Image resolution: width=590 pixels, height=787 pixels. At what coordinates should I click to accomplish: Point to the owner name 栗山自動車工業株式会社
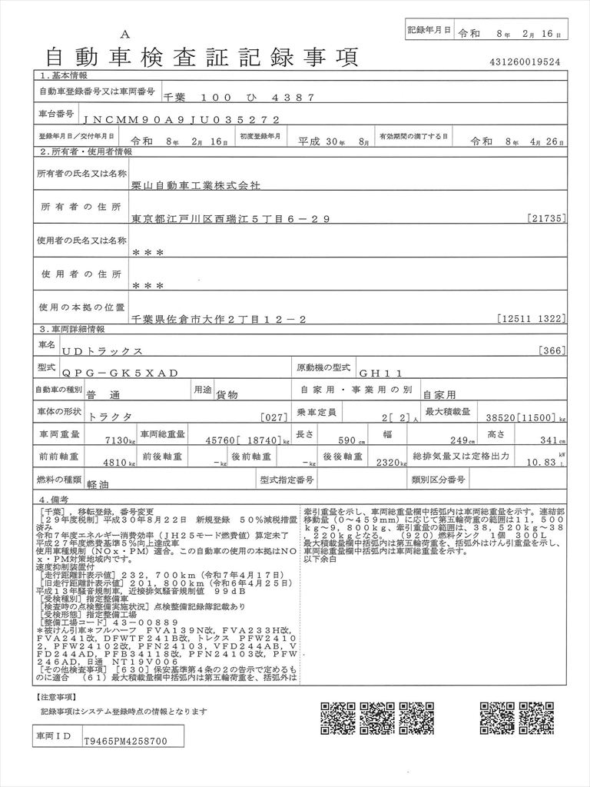point(197,186)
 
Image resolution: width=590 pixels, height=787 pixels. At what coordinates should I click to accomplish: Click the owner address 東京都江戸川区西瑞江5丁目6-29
point(230,219)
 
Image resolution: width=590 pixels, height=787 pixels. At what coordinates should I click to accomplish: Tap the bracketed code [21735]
point(548,219)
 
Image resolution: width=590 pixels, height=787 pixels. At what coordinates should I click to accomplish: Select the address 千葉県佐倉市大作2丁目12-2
point(220,317)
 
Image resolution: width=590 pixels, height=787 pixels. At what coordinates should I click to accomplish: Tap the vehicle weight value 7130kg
point(118,441)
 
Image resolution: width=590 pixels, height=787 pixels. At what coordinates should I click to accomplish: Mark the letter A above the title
point(126,34)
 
